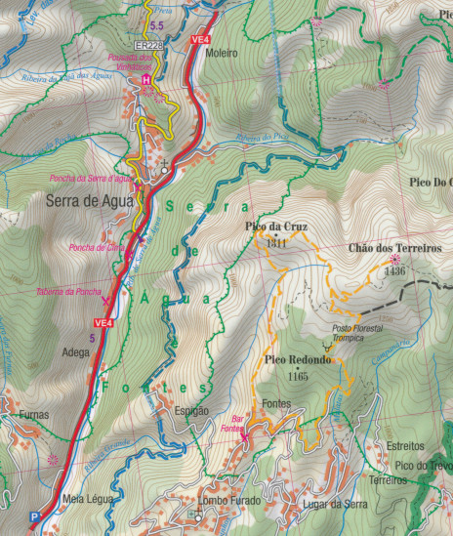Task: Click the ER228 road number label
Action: (149, 46)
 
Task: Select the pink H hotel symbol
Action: (146, 79)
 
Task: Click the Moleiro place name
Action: (222, 54)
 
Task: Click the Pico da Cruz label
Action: (275, 227)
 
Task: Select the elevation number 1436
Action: (393, 272)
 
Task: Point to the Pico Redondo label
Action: (298, 360)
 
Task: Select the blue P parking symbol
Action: (36, 517)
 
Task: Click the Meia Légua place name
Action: (87, 498)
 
